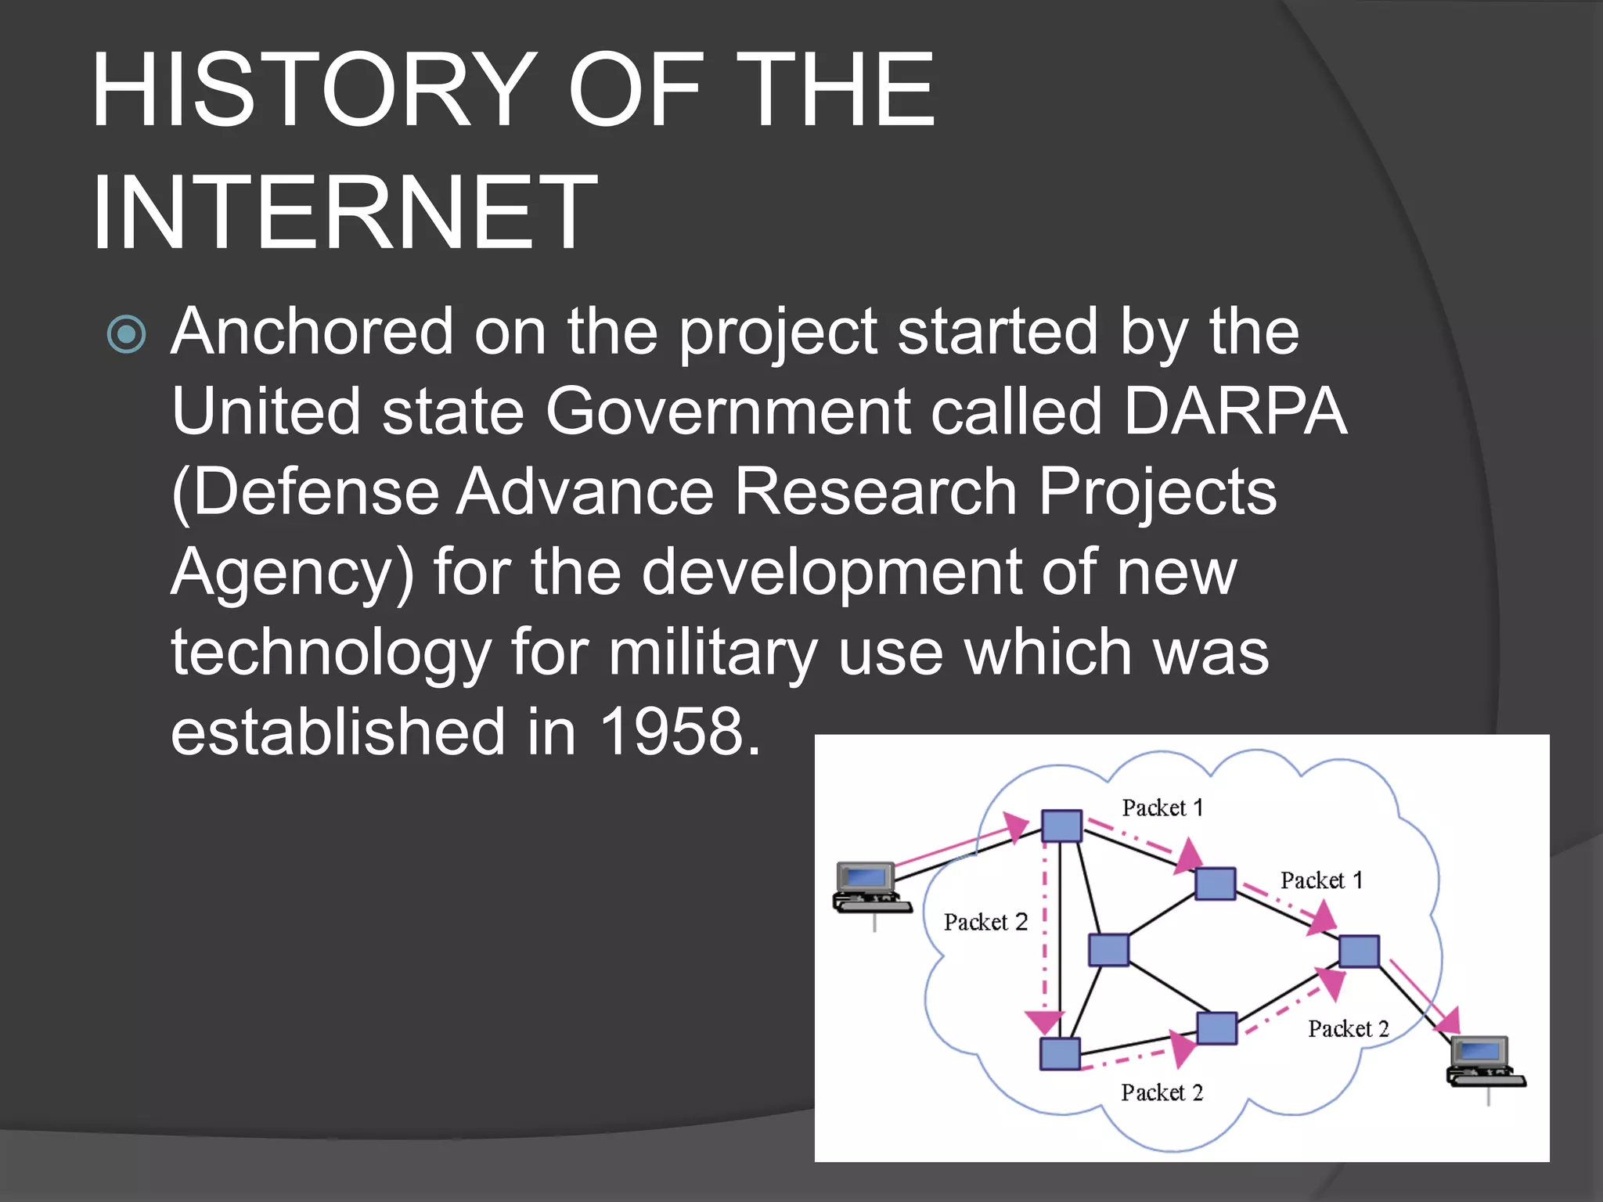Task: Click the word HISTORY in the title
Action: pyautogui.click(x=310, y=89)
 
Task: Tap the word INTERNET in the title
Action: pyautogui.click(x=344, y=213)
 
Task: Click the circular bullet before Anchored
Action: pyautogui.click(x=126, y=335)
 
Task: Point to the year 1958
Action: pyautogui.click(x=670, y=732)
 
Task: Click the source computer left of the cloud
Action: pyautogui.click(x=869, y=887)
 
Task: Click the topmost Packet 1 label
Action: pyautogui.click(x=1162, y=808)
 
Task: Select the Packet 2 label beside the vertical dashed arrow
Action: pyautogui.click(x=985, y=922)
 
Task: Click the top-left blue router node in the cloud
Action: pyautogui.click(x=1061, y=826)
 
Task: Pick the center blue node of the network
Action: pyautogui.click(x=1109, y=950)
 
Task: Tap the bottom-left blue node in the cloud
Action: pyautogui.click(x=1060, y=1053)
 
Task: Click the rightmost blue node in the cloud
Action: pyautogui.click(x=1359, y=951)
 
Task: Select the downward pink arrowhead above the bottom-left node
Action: pyautogui.click(x=1044, y=1022)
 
